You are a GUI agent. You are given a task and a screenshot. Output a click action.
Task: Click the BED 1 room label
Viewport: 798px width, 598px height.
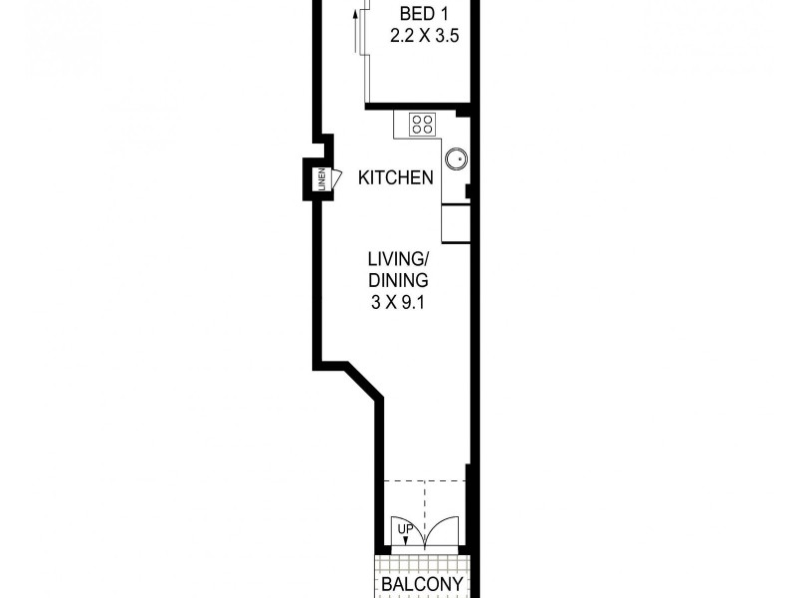tap(422, 14)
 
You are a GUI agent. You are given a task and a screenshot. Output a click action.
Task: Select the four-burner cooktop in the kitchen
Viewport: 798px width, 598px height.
tap(422, 125)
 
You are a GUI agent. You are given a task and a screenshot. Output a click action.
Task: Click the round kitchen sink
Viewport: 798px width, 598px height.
tap(456, 157)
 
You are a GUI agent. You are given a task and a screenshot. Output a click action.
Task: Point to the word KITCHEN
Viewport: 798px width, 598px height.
tap(396, 178)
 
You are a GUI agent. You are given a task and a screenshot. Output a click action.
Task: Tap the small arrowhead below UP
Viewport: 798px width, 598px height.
tap(406, 540)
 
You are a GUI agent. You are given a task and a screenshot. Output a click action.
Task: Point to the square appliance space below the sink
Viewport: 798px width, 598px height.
tap(455, 223)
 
